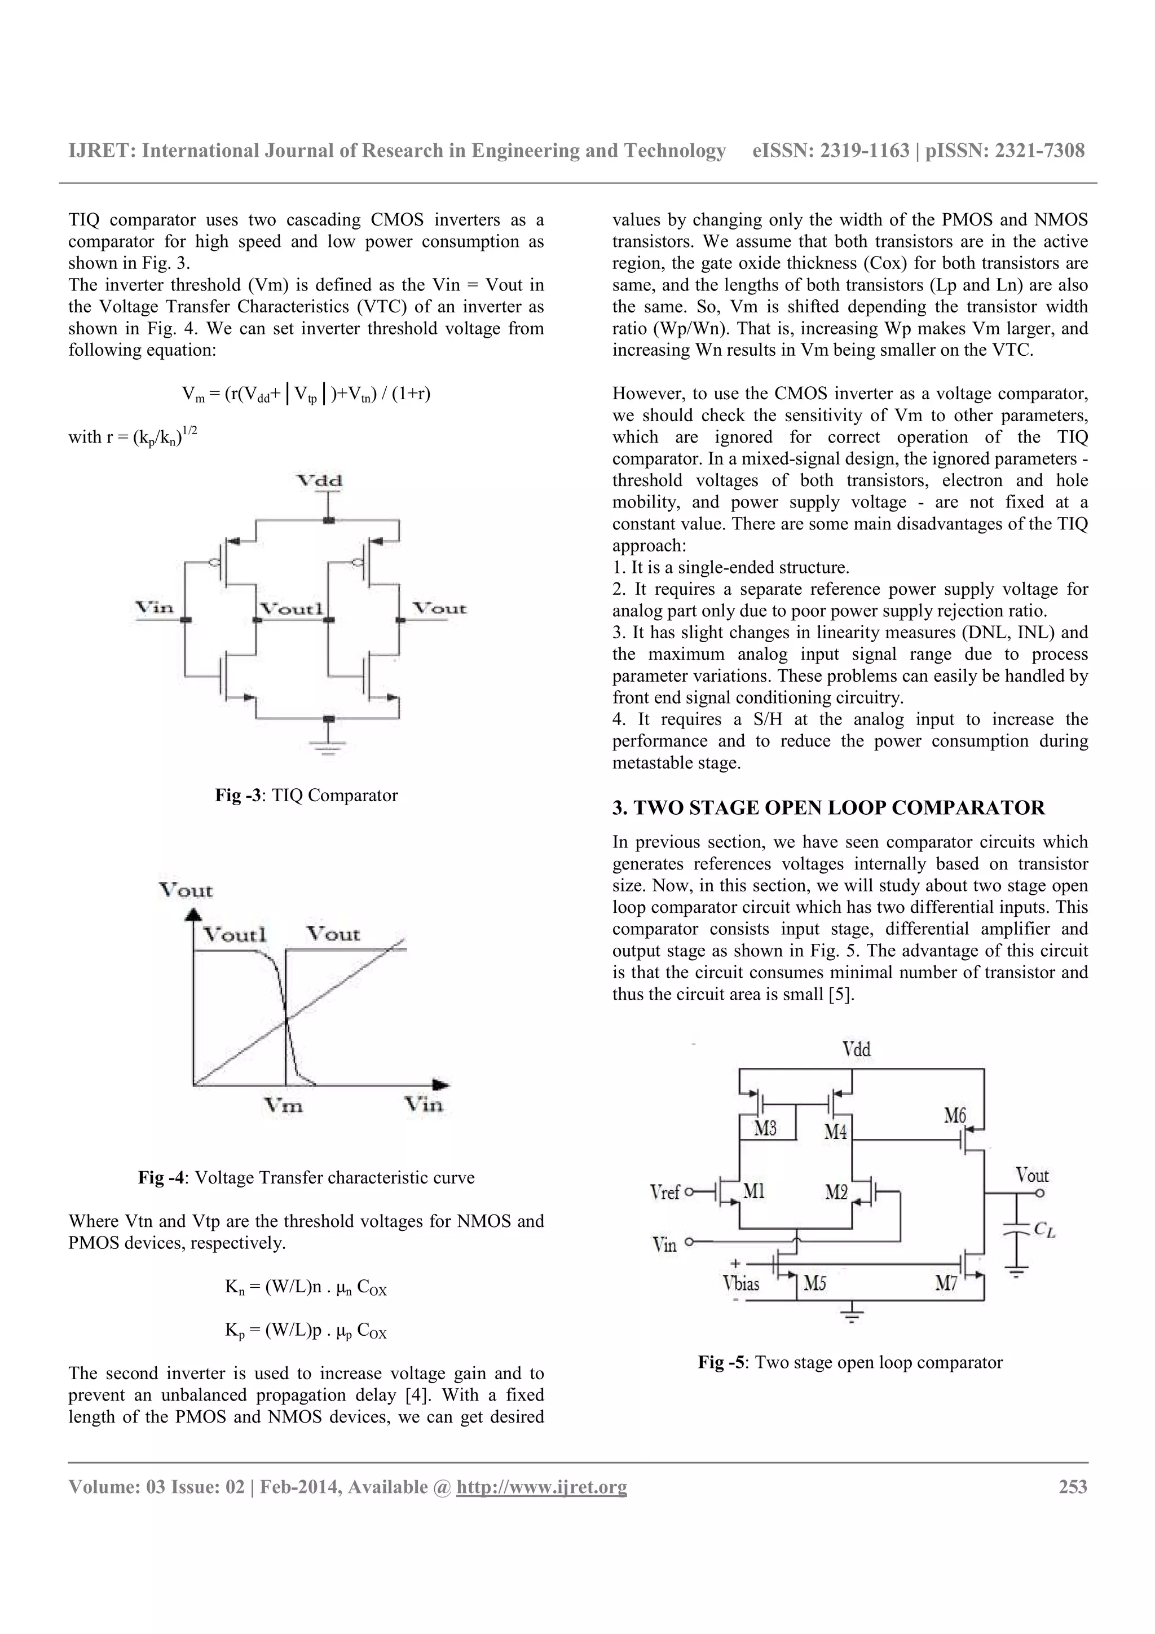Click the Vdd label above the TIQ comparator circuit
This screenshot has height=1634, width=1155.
(320, 480)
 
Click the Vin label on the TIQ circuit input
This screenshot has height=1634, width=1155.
(155, 608)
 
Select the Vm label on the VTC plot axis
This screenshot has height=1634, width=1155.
(283, 1105)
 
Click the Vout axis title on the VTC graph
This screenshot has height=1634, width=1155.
(186, 890)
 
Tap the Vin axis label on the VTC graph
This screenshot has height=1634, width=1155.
(424, 1105)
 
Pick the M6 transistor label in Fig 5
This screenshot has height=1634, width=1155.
(955, 1116)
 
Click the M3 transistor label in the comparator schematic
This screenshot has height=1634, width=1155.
(765, 1129)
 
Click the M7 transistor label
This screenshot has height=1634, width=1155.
(946, 1284)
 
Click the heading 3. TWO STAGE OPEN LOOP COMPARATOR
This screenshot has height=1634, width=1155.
(828, 808)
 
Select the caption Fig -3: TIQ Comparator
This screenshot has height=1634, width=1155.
(306, 796)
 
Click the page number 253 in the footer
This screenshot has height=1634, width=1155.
(1073, 1487)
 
